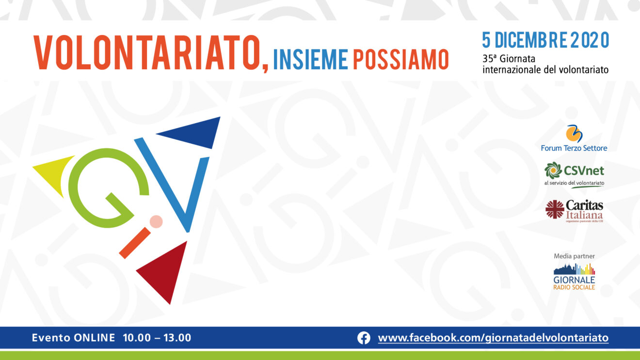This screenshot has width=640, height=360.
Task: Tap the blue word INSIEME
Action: (x=311, y=60)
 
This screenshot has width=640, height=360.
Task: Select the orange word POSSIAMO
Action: (x=401, y=60)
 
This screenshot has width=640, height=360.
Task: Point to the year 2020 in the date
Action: (x=590, y=40)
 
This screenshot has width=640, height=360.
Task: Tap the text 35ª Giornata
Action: (x=509, y=59)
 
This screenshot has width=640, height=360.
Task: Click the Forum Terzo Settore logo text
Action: (x=574, y=148)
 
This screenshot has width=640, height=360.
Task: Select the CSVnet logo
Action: (x=574, y=175)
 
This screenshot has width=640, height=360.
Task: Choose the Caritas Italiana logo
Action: (x=574, y=211)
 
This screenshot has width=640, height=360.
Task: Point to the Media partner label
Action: (x=574, y=256)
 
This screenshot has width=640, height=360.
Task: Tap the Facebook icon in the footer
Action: (x=364, y=338)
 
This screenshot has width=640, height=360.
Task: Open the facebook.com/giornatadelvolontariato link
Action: (x=493, y=338)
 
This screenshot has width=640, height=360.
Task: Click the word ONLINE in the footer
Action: (x=94, y=338)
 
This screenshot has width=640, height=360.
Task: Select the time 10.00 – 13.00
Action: (x=157, y=338)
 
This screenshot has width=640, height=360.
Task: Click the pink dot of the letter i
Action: (x=156, y=221)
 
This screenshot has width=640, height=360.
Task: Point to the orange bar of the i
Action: (x=135, y=243)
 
